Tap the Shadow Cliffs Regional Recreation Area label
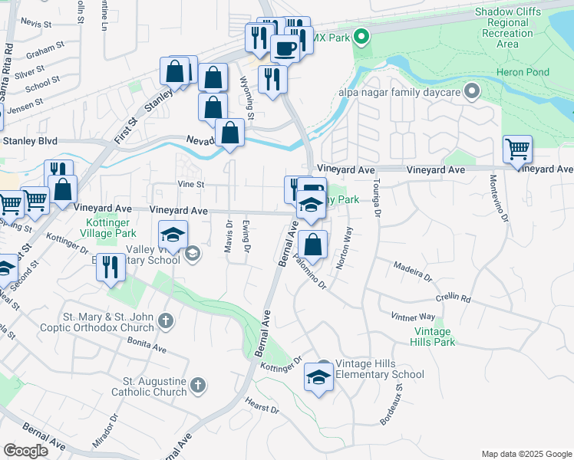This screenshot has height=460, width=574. pos(507,28)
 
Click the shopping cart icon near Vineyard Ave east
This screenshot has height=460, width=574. pos(518,149)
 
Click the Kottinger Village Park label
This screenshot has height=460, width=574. pos(107,227)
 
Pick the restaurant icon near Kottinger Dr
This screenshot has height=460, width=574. pos(111,267)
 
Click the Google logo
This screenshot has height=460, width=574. pos(26,450)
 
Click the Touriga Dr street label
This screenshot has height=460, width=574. pos(377,199)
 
